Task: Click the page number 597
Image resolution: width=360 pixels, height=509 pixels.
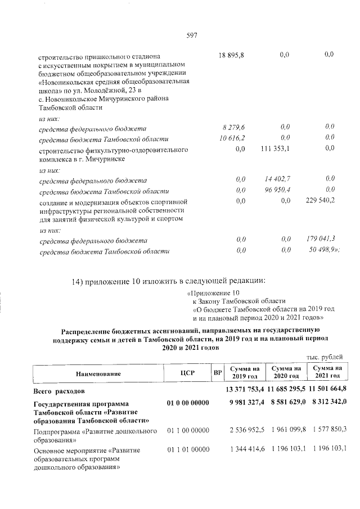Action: click(x=191, y=35)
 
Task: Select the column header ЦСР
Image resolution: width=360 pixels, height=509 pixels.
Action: click(x=187, y=373)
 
